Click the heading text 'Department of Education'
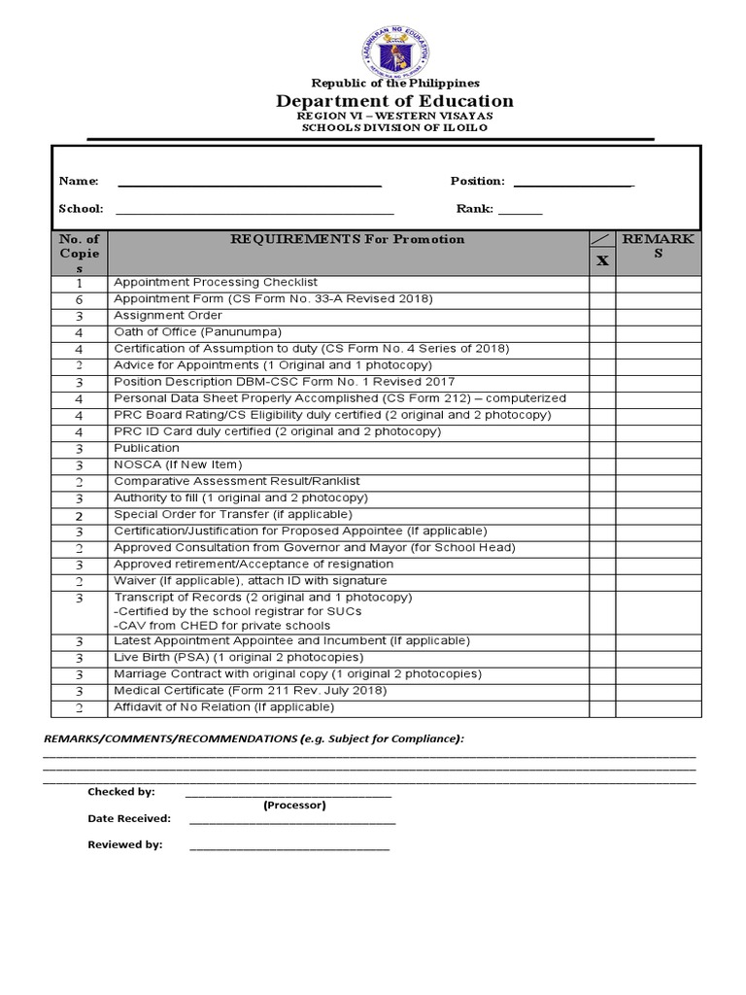(x=394, y=101)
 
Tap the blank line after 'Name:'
(x=250, y=183)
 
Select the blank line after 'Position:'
(x=573, y=183)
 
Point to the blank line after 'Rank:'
(x=521, y=210)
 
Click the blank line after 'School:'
(x=254, y=210)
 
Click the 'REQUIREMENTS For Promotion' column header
(x=347, y=239)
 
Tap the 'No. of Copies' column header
(x=80, y=253)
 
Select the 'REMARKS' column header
(x=658, y=246)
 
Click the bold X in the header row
(x=602, y=260)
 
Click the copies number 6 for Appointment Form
(x=80, y=299)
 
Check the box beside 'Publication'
(x=602, y=448)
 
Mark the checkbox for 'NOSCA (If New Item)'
(x=602, y=464)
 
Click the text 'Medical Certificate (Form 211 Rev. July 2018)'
(x=250, y=691)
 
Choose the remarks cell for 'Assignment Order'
(x=658, y=316)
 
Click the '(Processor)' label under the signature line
(x=294, y=806)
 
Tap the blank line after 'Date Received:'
(x=292, y=821)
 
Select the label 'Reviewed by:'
(x=125, y=845)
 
